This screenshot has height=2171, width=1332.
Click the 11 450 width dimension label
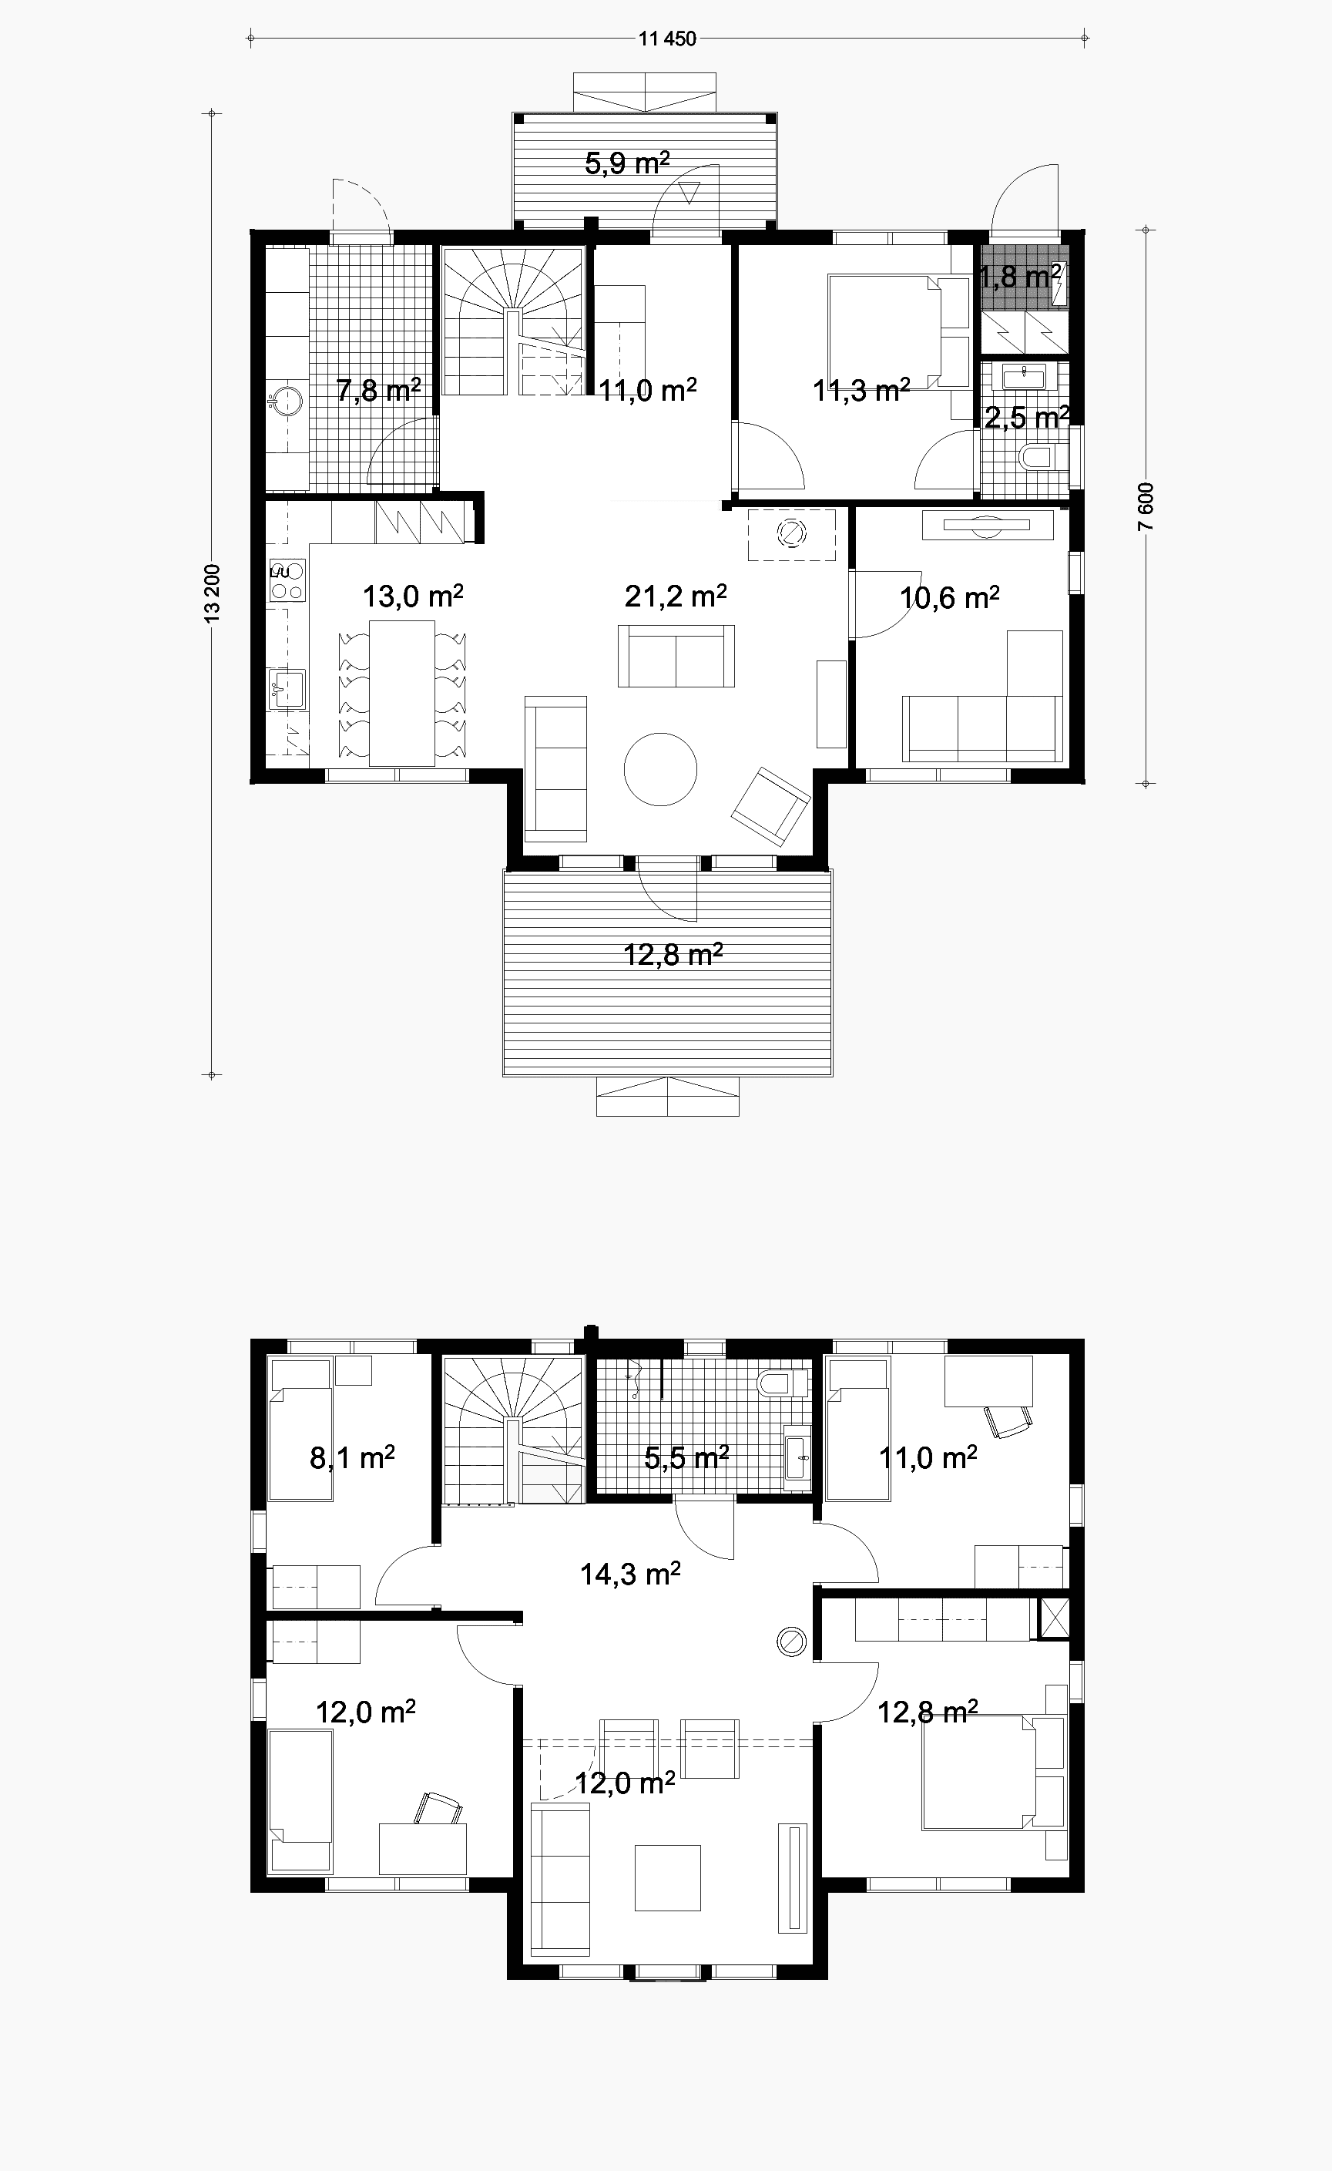pos(667,39)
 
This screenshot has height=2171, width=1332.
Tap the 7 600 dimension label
pos(1146,506)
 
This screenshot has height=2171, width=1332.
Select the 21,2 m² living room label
pos(676,597)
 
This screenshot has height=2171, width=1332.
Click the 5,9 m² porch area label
pos(627,163)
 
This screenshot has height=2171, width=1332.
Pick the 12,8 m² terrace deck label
pos(673,954)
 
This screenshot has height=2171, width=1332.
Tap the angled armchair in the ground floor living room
pos(771,807)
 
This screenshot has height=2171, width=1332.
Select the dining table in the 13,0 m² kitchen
pos(401,693)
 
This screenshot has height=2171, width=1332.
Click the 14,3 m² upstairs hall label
pos(630,1574)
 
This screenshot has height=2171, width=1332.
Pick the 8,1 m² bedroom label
pos(351,1457)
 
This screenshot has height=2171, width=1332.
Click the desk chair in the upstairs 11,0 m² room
pos(1008,1421)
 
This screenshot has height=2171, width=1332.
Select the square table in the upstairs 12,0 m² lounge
pos(667,1877)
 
